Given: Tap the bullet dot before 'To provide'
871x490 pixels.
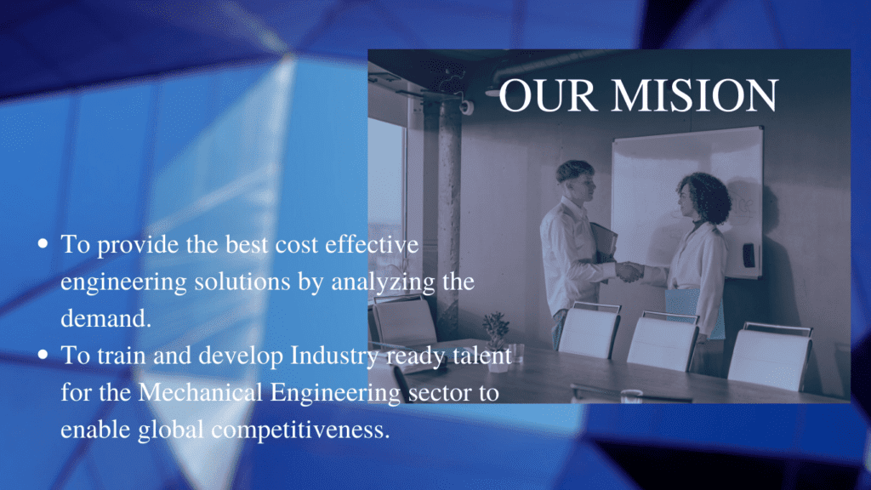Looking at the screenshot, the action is (43, 243).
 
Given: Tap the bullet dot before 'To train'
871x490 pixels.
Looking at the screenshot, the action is (43, 355).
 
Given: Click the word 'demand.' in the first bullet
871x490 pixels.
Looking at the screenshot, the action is (105, 318).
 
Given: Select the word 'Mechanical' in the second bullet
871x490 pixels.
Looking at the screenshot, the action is (200, 392).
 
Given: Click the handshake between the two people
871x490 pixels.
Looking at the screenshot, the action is (629, 271).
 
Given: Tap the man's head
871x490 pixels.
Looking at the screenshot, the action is (576, 180).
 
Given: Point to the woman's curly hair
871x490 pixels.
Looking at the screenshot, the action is (705, 197).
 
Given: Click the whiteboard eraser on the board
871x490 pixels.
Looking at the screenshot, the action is (749, 255).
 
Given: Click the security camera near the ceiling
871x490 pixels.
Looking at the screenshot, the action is (467, 106).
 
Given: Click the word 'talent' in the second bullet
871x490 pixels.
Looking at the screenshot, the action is (482, 355).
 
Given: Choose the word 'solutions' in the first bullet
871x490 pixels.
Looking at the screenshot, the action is (242, 281).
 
